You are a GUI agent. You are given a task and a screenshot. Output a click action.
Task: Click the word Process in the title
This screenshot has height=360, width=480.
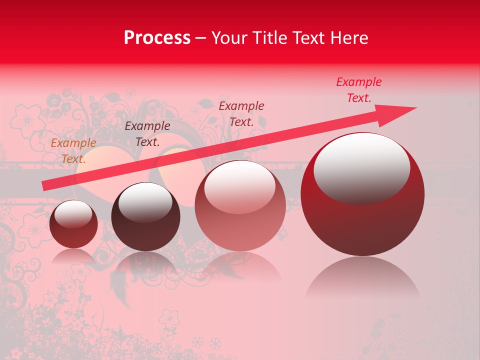coord(157,38)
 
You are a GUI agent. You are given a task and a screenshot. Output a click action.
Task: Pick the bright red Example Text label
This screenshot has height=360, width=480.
coord(359,90)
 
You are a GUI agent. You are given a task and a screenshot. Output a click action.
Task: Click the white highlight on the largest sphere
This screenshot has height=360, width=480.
coord(361,167)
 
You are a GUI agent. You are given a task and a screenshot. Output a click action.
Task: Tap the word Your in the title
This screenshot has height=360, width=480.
coord(228,38)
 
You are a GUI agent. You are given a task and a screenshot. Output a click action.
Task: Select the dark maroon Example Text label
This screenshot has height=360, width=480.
coord(147,134)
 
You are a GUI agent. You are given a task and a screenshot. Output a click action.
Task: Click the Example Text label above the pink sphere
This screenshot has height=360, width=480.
coord(241,113)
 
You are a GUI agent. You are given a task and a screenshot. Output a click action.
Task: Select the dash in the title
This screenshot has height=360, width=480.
coord(201,38)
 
